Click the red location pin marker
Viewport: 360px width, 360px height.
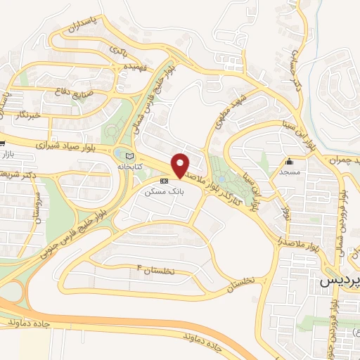click(180, 166)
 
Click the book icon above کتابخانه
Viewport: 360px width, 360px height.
click(128, 156)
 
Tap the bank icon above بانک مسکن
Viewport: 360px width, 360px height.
click(165, 181)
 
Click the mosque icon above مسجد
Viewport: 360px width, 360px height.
click(289, 161)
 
